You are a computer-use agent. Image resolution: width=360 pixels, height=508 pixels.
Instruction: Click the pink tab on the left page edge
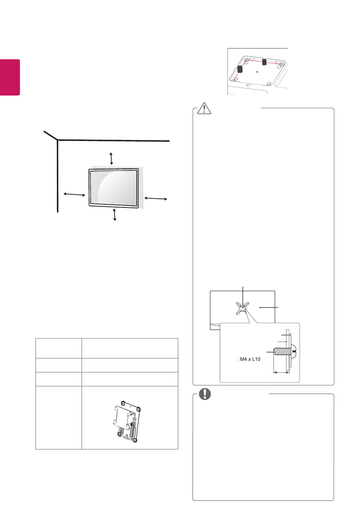tap(10, 77)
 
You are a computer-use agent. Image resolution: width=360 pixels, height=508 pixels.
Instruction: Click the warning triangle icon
tap(204, 108)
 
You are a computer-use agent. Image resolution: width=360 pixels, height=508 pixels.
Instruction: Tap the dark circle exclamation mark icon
tap(205, 394)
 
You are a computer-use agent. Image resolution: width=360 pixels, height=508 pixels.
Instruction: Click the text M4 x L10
tap(249, 359)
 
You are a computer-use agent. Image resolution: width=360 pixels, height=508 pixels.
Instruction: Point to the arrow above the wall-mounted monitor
tap(111, 159)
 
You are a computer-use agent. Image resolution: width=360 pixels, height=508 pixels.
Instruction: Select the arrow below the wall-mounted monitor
tap(114, 214)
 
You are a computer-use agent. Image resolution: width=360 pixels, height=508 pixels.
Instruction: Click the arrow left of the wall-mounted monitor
tap(74, 194)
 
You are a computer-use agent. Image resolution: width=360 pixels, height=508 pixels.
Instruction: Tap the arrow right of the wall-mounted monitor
tap(156, 198)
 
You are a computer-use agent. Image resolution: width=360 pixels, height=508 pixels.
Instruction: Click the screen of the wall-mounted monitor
tap(114, 187)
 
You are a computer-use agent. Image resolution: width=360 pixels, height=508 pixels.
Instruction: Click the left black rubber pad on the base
tap(240, 69)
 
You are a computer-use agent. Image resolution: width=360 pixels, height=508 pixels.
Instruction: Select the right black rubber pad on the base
tap(264, 62)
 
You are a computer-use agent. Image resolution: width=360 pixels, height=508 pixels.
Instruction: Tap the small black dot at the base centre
tap(257, 71)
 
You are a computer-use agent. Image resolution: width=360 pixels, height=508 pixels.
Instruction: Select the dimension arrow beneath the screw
tap(281, 372)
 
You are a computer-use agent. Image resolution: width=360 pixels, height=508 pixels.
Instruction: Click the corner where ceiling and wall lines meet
tap(58, 140)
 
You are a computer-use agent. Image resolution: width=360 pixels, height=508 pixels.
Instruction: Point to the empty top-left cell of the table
tap(59, 348)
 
